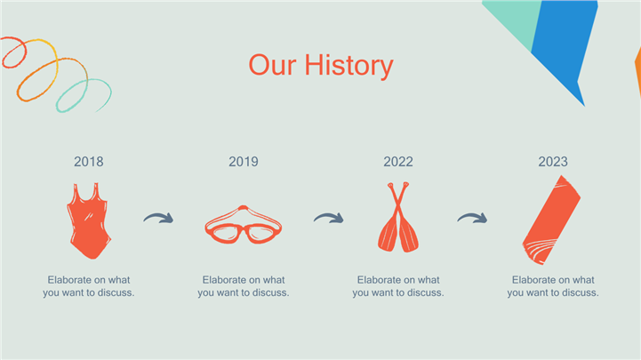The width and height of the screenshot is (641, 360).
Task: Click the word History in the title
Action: click(349, 66)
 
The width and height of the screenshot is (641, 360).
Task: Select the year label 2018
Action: click(89, 162)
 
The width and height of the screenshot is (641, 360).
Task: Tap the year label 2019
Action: click(244, 162)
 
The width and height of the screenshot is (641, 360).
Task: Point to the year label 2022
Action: click(398, 162)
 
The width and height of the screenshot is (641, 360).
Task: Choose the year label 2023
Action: click(553, 162)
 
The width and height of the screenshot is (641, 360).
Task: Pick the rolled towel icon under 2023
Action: click(551, 220)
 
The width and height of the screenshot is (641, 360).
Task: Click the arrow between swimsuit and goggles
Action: click(159, 217)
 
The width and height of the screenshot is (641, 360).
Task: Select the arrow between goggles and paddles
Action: click(330, 217)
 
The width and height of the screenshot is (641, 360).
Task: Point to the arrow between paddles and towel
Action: click(473, 217)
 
